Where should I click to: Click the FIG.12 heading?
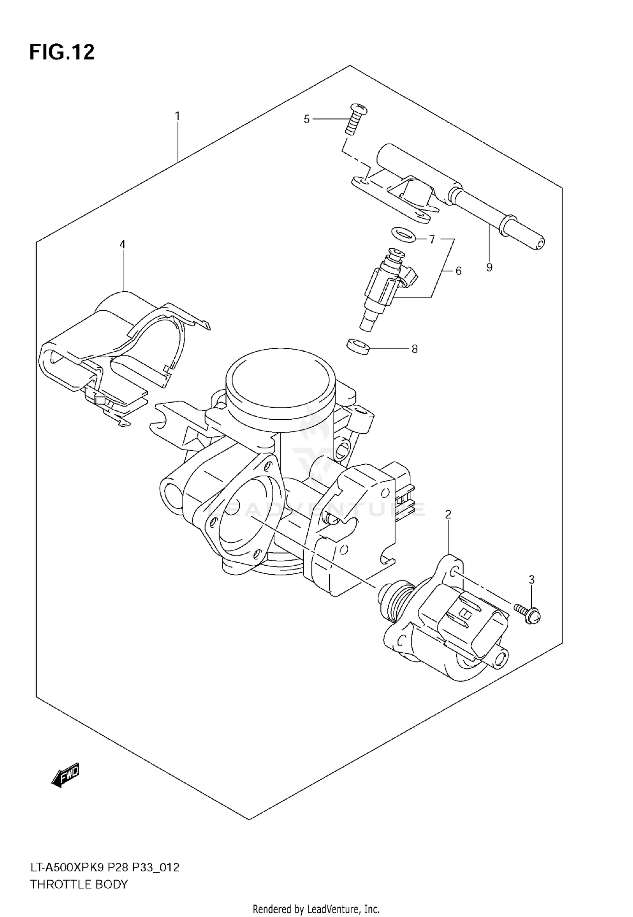point(62,53)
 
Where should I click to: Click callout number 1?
point(178,116)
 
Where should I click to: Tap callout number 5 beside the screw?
point(307,119)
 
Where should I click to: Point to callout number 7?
point(432,240)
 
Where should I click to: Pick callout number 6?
point(458,271)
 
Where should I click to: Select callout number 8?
point(414,349)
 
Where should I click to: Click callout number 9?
point(489,267)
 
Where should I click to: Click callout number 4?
point(122,244)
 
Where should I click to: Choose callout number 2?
point(448,514)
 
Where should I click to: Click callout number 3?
point(532,580)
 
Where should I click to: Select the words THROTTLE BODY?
point(78,884)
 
